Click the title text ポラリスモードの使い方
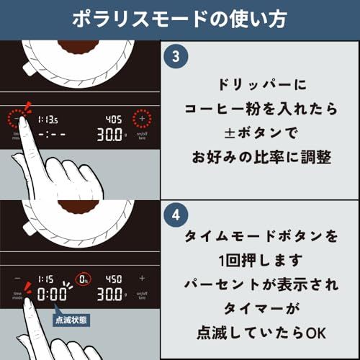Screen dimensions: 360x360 tap(180, 19)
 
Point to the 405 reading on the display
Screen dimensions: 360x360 tap(114, 118)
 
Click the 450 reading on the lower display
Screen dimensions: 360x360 tap(114, 278)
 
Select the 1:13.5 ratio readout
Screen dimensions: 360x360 tap(48, 118)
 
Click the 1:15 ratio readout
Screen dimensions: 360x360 tap(45, 278)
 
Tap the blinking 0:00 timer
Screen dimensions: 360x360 tap(53, 295)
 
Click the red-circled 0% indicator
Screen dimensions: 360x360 tap(84, 278)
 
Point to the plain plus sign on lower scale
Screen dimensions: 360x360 tap(142, 278)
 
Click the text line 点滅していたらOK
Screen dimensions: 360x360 tap(261, 333)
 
